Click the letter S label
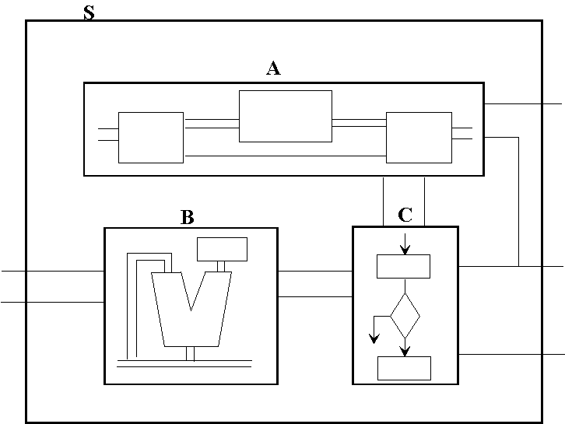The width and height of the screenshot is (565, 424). pyautogui.click(x=89, y=12)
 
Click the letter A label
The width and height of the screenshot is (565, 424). pyautogui.click(x=273, y=68)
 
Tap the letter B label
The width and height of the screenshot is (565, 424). pyautogui.click(x=187, y=217)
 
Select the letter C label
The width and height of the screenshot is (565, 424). pyautogui.click(x=405, y=216)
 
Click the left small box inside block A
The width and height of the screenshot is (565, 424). pyautogui.click(x=151, y=138)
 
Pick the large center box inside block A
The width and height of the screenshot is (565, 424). pyautogui.click(x=286, y=116)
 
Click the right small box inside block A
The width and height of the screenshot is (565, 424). pyautogui.click(x=419, y=138)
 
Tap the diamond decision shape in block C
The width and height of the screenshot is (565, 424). pyautogui.click(x=405, y=315)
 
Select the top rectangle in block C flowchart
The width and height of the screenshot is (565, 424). pyautogui.click(x=403, y=266)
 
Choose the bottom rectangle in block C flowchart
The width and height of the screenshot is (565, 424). pyautogui.click(x=404, y=368)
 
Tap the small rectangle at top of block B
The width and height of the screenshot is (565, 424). pyautogui.click(x=222, y=249)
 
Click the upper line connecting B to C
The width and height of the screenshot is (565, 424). pyautogui.click(x=314, y=271)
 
